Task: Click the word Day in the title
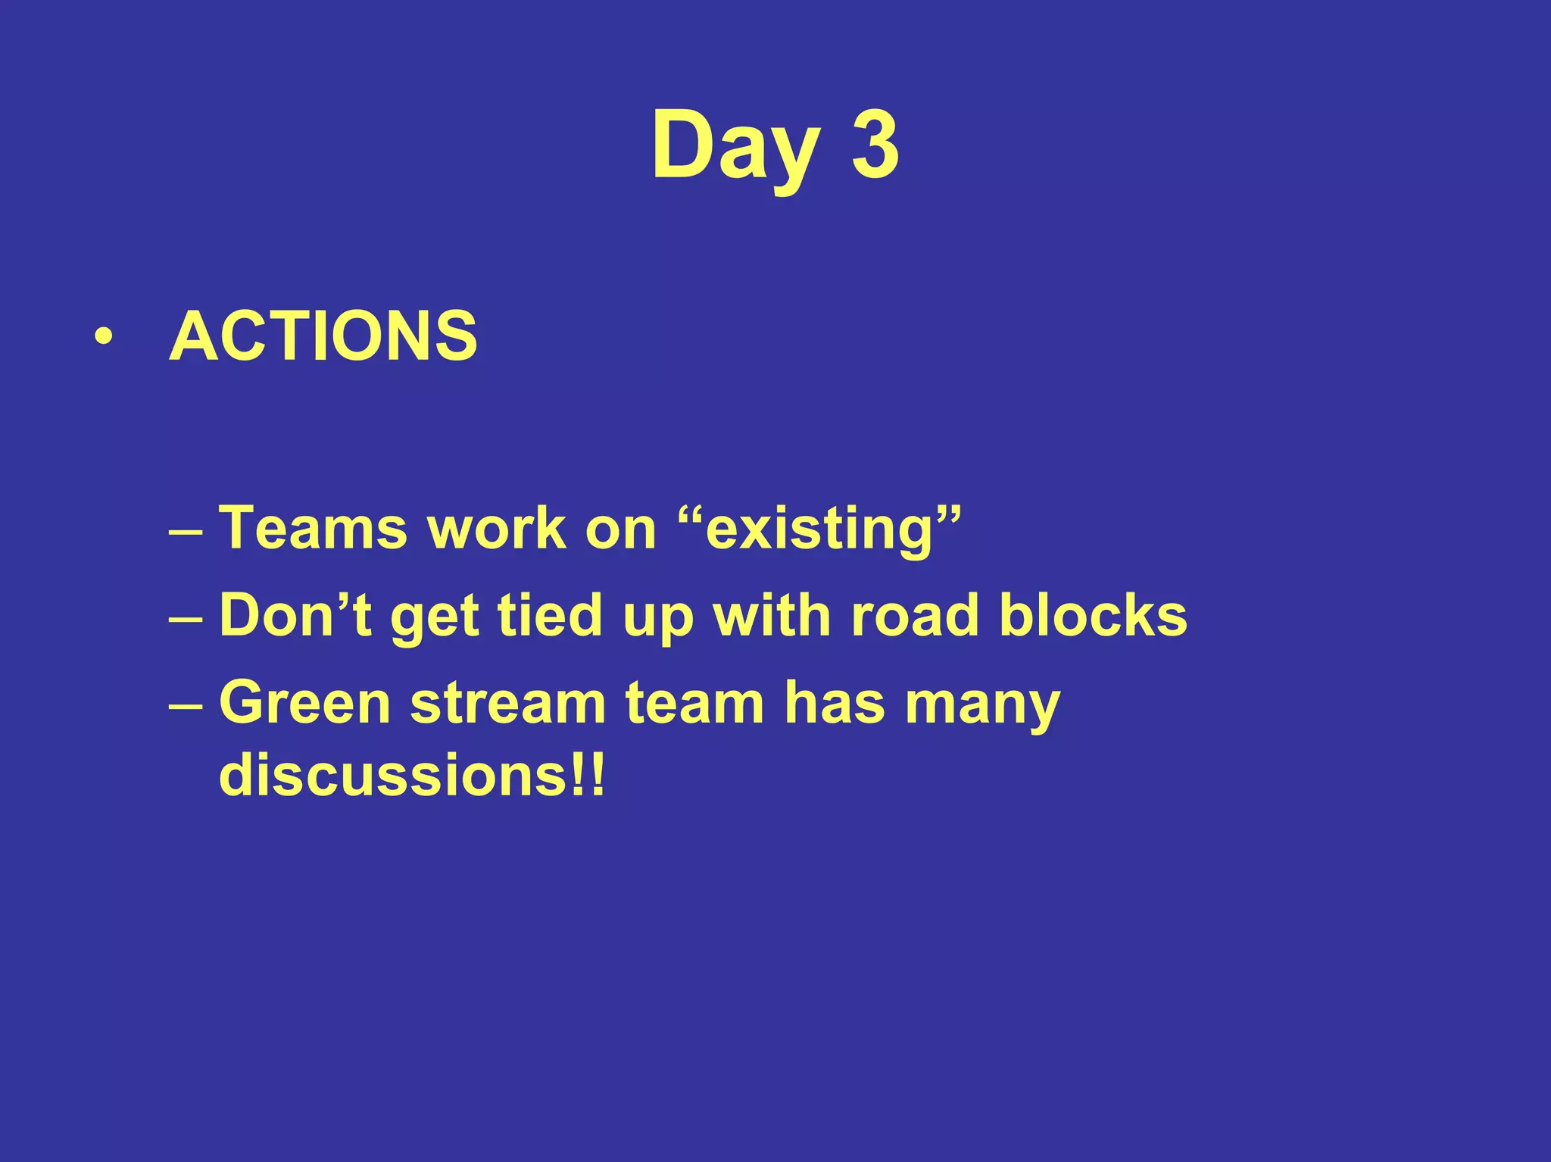tap(735, 145)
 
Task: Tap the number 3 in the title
tap(875, 145)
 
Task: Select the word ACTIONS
tap(323, 336)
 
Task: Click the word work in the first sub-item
tap(497, 528)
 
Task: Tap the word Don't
tap(295, 615)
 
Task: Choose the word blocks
tap(1093, 615)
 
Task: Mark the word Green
tap(304, 703)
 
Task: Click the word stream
tap(508, 703)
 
